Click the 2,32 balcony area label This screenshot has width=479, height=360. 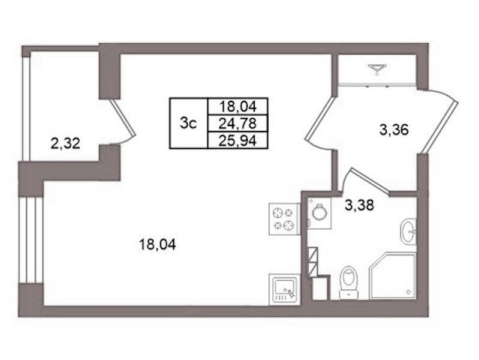coord(65,143)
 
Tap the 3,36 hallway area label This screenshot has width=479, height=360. coord(394,130)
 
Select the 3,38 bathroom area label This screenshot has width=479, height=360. coord(359,205)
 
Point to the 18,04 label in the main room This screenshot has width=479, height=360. coord(157,244)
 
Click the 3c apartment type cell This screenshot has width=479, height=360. coord(188,123)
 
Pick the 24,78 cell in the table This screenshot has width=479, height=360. coord(237,124)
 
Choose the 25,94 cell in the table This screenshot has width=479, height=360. coord(237,140)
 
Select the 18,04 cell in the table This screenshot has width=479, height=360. coord(237,107)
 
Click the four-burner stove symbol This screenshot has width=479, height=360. coord(284,219)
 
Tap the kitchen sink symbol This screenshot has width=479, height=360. coord(284,289)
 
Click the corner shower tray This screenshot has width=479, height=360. coord(393,276)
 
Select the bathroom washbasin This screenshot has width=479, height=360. coord(408,232)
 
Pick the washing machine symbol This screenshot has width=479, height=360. coord(319,212)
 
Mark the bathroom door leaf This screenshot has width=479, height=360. coord(370,181)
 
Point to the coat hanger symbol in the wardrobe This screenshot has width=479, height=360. coord(377,68)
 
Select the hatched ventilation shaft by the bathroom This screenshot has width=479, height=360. coord(314,261)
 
